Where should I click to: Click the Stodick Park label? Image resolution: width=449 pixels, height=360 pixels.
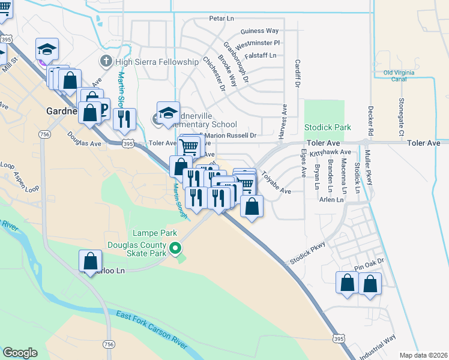point(327,128)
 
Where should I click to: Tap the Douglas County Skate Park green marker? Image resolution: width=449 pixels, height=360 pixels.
point(175,248)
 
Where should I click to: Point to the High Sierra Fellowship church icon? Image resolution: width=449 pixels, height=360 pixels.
point(106,62)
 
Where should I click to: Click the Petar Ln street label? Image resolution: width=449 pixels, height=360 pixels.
point(220,19)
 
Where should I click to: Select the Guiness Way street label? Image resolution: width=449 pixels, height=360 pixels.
point(259,31)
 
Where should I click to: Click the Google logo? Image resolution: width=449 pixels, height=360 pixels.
point(20,353)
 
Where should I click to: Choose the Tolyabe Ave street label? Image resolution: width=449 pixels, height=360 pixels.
point(276,184)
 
